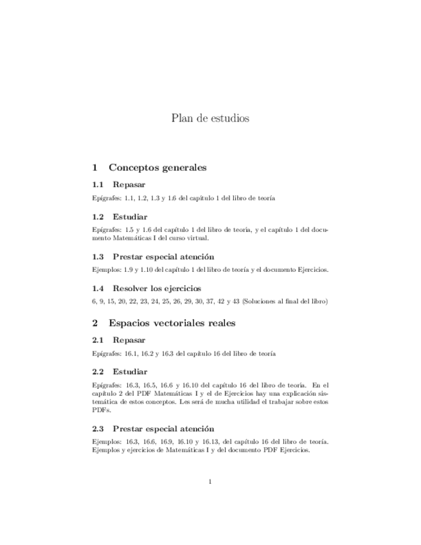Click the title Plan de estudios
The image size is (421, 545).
(210, 118)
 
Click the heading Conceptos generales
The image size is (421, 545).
(157, 167)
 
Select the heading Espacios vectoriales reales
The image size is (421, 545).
(172, 323)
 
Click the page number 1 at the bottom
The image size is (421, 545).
(210, 481)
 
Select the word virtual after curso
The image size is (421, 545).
(197, 237)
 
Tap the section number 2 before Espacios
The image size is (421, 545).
(95, 323)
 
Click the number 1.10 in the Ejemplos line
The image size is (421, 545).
(150, 269)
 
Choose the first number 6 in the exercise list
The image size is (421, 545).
(94, 301)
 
